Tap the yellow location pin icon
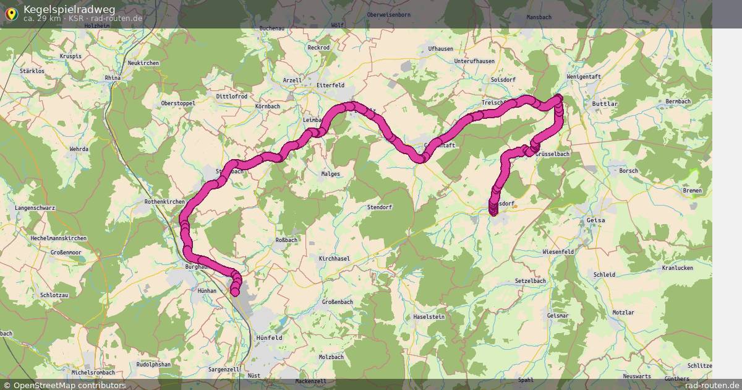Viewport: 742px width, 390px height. [x=11, y=14]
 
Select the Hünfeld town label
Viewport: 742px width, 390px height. [x=269, y=337]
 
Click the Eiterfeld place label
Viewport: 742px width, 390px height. [x=330, y=85]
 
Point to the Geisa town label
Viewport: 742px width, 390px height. [x=595, y=220]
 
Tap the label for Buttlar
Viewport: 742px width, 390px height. [x=605, y=104]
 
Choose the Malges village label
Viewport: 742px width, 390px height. [x=330, y=174]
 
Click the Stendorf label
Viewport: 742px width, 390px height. [x=380, y=207]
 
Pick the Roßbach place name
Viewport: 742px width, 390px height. [x=286, y=240]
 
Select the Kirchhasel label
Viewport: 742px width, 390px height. [x=335, y=258]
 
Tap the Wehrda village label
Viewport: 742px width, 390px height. [x=79, y=149]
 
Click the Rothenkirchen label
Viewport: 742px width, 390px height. [x=164, y=202]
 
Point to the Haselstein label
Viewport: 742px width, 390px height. [x=429, y=316]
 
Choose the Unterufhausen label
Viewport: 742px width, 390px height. [x=474, y=61]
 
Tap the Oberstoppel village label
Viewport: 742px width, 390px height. [x=178, y=103]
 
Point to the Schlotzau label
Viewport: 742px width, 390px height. [x=54, y=295]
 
